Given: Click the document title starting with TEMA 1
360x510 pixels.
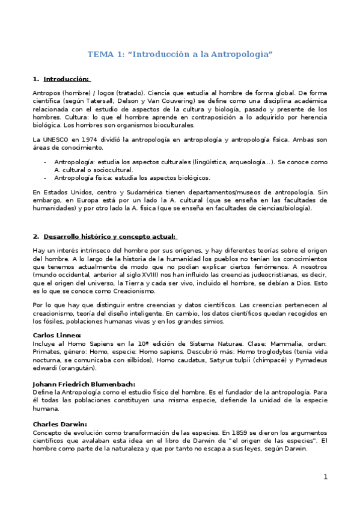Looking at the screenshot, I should pyautogui.click(x=180, y=54).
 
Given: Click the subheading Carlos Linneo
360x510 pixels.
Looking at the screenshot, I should pyautogui.click(x=56, y=336).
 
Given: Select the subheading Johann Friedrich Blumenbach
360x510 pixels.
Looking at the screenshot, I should pyautogui.click(x=84, y=384).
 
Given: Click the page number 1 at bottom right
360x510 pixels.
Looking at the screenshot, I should pyautogui.click(x=325, y=477).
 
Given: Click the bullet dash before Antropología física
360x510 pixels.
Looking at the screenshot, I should pyautogui.click(x=45, y=178).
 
